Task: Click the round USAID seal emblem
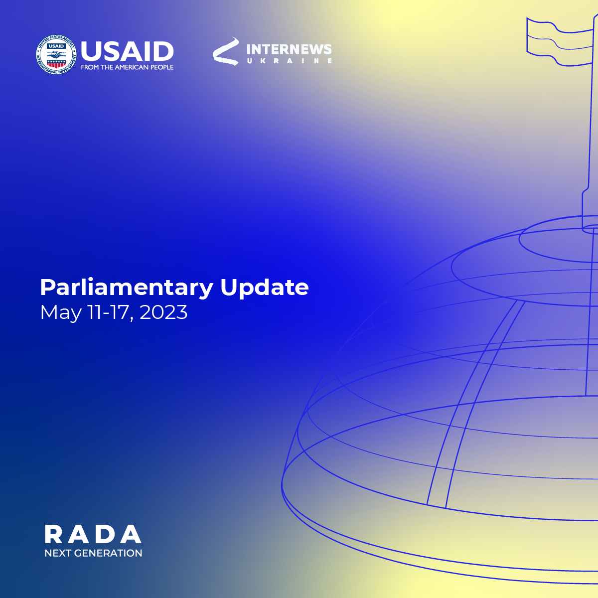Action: [56, 55]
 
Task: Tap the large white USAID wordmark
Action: [127, 51]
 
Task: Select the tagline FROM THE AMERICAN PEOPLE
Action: [127, 67]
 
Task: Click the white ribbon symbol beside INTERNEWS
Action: [226, 51]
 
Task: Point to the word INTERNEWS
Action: [289, 49]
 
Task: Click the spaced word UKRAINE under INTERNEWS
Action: [290, 61]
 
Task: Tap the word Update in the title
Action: [265, 288]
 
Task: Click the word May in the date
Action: [61, 313]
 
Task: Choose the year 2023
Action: [163, 312]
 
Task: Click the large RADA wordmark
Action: [93, 534]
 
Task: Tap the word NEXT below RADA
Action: [58, 553]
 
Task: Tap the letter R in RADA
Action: [53, 534]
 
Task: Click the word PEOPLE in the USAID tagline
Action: [162, 67]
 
